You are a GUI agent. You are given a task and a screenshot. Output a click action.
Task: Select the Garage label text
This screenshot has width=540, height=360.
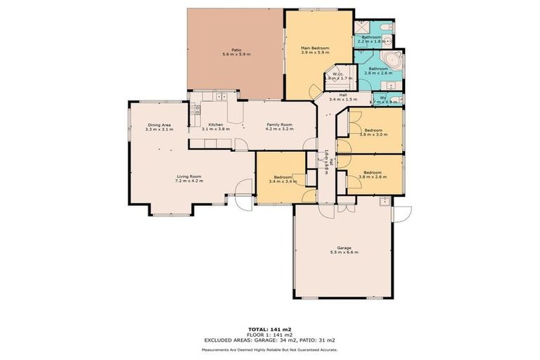tap(344, 247)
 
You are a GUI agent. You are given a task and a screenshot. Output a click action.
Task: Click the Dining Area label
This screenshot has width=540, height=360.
tap(159, 124)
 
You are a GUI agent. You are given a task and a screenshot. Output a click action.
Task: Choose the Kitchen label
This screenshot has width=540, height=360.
tap(215, 124)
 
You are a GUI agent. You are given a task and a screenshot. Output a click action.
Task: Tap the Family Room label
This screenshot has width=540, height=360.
tap(278, 124)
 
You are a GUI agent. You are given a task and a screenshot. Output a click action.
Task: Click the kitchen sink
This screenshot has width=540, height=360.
tap(221, 96)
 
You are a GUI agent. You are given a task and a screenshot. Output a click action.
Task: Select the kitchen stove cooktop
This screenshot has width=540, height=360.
tap(195, 110)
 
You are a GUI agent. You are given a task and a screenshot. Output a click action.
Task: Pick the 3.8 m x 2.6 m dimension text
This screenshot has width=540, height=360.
tap(373, 176)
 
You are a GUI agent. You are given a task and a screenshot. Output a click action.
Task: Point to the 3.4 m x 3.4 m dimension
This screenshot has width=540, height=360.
tap(283, 181)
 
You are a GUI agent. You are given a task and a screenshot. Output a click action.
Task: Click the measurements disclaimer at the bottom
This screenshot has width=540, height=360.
tap(269, 349)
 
